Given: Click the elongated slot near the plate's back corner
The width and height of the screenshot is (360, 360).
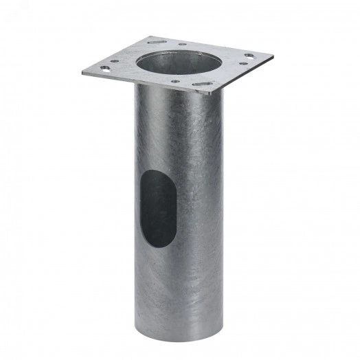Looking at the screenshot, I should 156,42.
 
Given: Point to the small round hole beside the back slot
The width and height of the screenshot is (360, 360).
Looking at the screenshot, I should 181,45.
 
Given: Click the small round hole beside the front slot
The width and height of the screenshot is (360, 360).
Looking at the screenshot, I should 176,81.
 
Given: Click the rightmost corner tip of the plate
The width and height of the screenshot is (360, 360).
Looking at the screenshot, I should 273,56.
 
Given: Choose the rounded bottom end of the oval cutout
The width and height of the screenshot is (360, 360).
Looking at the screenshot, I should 159,245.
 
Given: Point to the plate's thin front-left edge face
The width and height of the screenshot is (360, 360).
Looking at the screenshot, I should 144,82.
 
